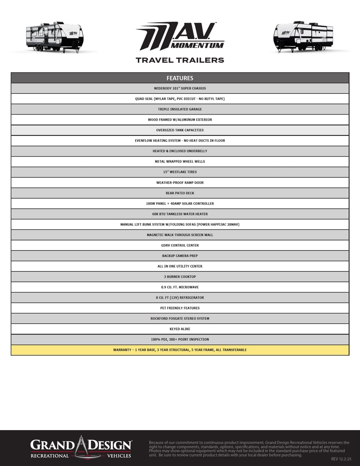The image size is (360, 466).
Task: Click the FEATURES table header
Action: click(x=180, y=78)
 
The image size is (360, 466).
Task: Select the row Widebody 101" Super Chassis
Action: click(x=180, y=88)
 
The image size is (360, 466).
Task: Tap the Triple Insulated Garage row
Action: click(x=180, y=109)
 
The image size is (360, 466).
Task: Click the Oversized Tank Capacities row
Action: click(x=180, y=130)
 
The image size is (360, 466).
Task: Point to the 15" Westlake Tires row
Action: click(x=180, y=172)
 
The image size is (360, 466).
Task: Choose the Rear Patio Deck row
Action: click(x=180, y=193)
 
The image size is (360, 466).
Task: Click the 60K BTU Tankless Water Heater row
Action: click(x=180, y=214)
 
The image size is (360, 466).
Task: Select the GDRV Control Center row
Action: click(x=180, y=245)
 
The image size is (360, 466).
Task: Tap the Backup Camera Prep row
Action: click(x=180, y=256)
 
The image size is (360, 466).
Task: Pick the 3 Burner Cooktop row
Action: click(x=180, y=277)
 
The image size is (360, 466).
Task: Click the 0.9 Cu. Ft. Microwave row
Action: click(x=180, y=287)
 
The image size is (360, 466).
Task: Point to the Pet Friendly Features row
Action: click(x=180, y=308)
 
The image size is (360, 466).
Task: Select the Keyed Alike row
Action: click(x=180, y=329)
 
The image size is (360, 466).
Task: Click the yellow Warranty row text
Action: click(x=180, y=350)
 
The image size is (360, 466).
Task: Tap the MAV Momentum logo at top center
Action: click(x=180, y=36)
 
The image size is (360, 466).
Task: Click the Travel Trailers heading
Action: click(x=180, y=60)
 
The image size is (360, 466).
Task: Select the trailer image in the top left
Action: click(x=55, y=37)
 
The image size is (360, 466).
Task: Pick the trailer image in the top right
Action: click(x=303, y=37)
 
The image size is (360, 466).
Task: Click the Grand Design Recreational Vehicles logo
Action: click(x=81, y=448)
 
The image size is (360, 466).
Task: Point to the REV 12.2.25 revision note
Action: click(x=341, y=459)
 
